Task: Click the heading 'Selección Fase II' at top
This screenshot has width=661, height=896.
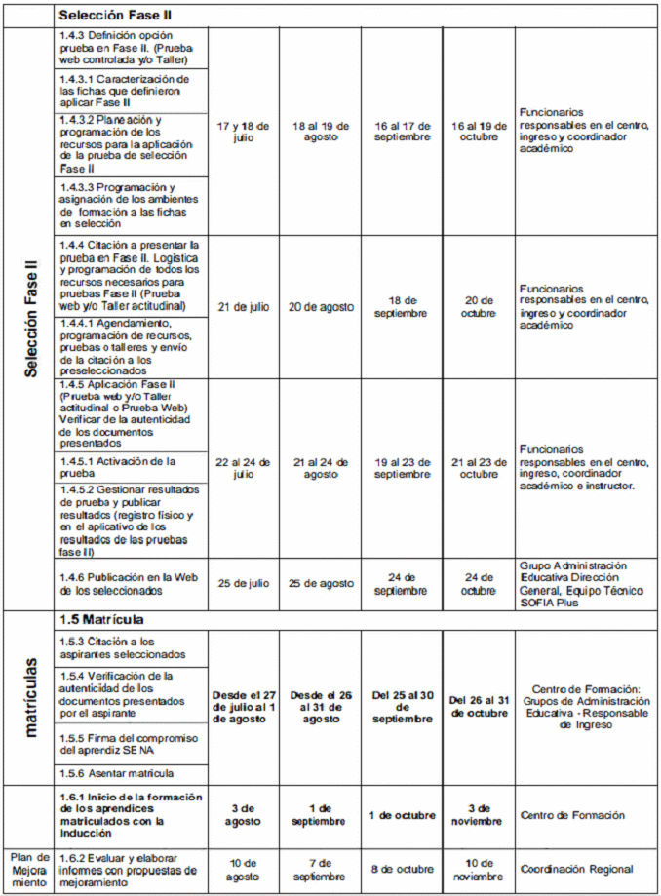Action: (x=116, y=17)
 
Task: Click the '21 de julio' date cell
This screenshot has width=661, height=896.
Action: (x=243, y=307)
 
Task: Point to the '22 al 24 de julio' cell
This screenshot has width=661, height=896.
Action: (x=243, y=468)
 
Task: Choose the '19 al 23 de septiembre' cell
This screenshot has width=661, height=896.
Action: (x=402, y=468)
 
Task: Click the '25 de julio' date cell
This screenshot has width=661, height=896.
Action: (x=243, y=583)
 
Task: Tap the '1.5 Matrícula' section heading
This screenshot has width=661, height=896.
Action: (x=101, y=620)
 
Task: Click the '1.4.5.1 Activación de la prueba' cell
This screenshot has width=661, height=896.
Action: (x=132, y=467)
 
